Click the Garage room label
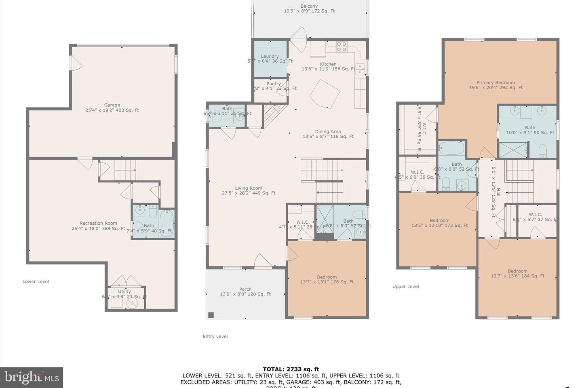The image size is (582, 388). pyautogui.click(x=112, y=105)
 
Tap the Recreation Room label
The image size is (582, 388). pyautogui.click(x=98, y=223)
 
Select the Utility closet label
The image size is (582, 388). pyautogui.click(x=124, y=291)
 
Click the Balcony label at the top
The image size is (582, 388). pyautogui.click(x=309, y=6)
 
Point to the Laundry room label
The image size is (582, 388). pyautogui.click(x=270, y=57)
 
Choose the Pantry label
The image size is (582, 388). pyautogui.click(x=274, y=84)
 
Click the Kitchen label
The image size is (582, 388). pyautogui.click(x=328, y=64)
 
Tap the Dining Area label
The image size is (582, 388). pyautogui.click(x=328, y=131)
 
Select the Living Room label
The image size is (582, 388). pyautogui.click(x=249, y=188)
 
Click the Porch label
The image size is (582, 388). pyautogui.click(x=245, y=289)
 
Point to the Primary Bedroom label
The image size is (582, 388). pyautogui.click(x=496, y=82)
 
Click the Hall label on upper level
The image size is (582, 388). pyautogui.click(x=498, y=192)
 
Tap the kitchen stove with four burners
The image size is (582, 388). pyautogui.click(x=342, y=47)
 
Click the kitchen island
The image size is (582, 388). pyautogui.click(x=325, y=94)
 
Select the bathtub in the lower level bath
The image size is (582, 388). pyautogui.click(x=167, y=223)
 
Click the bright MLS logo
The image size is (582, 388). pyautogui.click(x=31, y=377)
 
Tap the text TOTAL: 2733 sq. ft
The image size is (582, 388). pyautogui.click(x=291, y=369)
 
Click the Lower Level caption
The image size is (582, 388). pyautogui.click(x=36, y=282)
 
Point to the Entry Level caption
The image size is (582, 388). pyautogui.click(x=215, y=336)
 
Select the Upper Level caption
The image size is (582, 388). pyautogui.click(x=405, y=287)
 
